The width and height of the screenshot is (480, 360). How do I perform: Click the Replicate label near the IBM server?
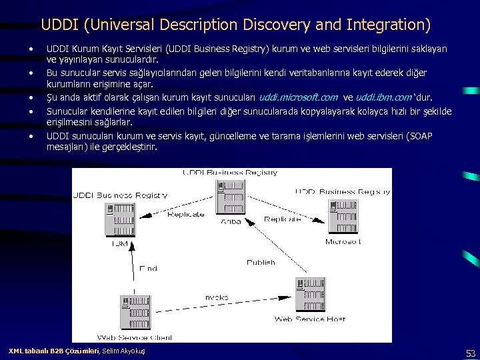click(186, 214)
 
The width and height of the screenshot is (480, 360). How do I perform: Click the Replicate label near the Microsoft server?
click(283, 219)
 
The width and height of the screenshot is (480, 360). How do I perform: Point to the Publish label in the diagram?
click(261, 262)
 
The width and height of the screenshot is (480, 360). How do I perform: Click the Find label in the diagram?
click(148, 268)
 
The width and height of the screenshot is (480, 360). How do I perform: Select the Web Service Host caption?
click(310, 319)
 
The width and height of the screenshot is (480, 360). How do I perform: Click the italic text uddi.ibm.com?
click(385, 97)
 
